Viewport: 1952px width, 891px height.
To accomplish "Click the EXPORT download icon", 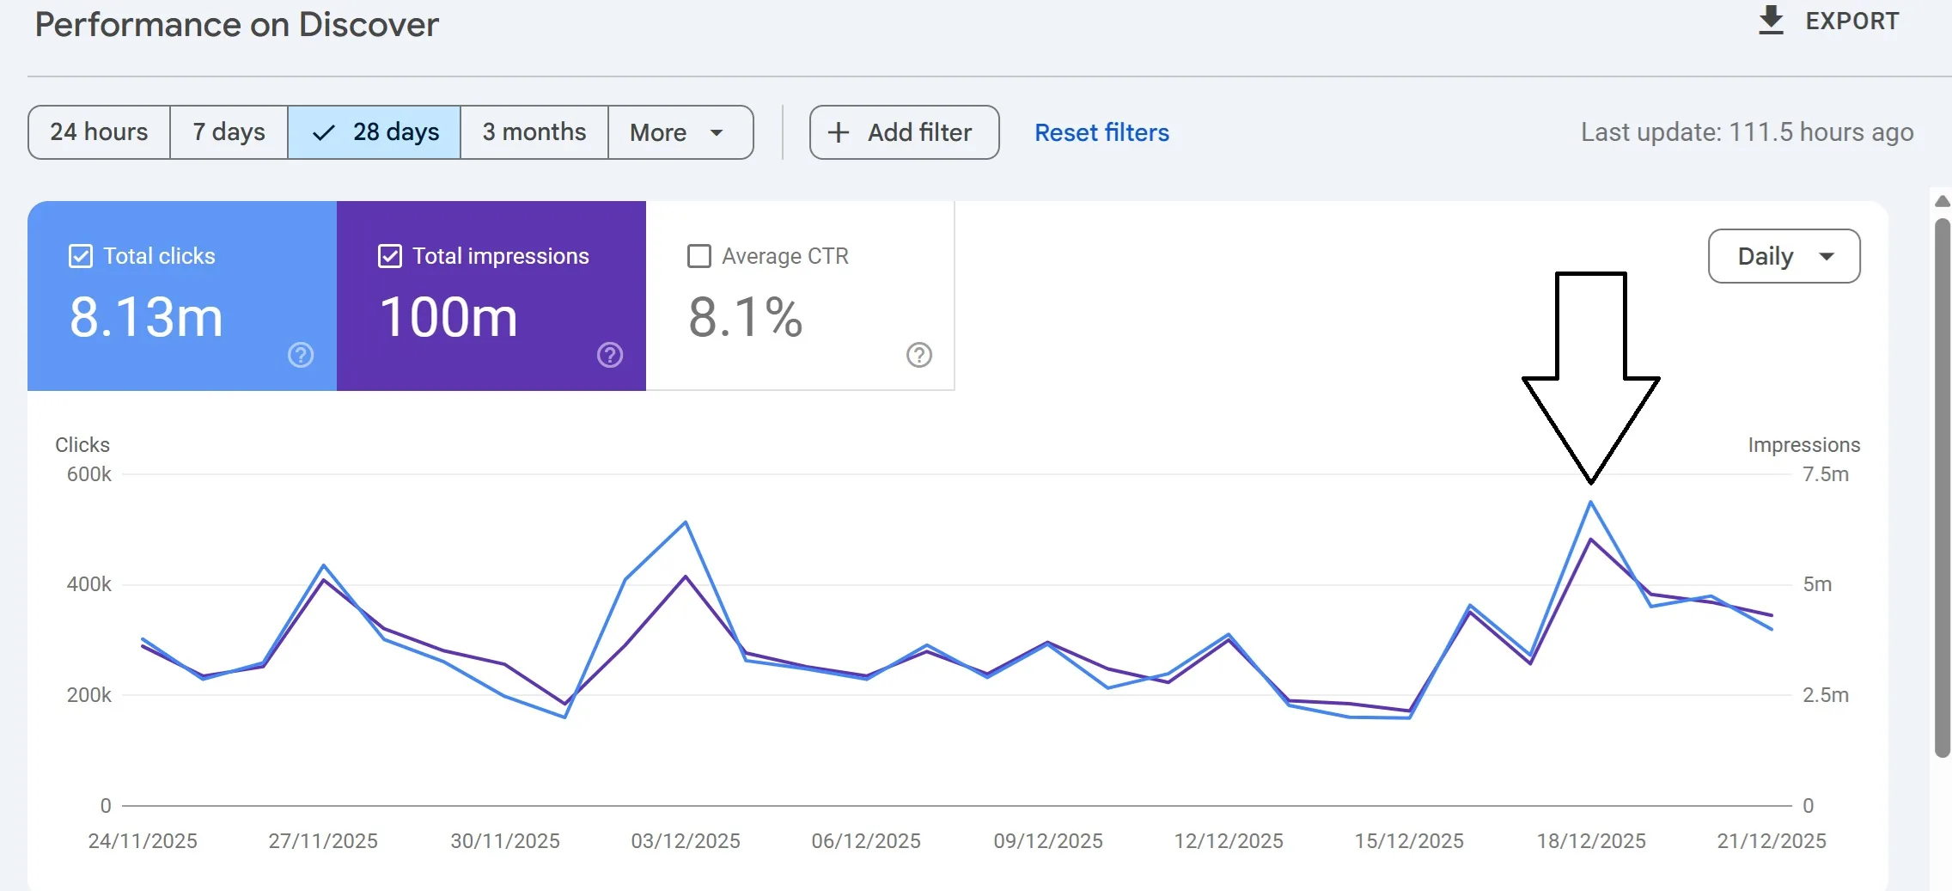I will [x=1771, y=20].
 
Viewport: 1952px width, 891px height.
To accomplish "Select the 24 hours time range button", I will [x=99, y=132].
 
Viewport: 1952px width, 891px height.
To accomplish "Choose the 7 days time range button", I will [x=229, y=132].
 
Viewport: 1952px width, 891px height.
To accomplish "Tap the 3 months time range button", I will [x=534, y=132].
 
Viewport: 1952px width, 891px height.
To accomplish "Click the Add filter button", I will [x=904, y=132].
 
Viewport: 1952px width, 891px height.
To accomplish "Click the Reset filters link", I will [x=1101, y=132].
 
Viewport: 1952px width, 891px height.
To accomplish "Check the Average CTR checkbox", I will [x=699, y=256].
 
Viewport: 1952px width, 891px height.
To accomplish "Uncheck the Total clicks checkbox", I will [x=81, y=256].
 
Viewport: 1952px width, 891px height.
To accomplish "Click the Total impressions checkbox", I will [x=390, y=256].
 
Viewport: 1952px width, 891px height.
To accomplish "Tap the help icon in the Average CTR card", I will [x=919, y=355].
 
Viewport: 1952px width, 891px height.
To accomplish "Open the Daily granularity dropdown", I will [x=1784, y=256].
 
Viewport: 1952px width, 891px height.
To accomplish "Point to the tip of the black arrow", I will [x=1591, y=481].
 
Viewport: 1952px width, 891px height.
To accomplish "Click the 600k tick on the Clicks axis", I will [x=89, y=474].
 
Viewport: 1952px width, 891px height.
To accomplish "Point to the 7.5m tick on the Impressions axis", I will [x=1825, y=474].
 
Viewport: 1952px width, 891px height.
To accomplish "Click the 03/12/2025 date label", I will [x=686, y=840].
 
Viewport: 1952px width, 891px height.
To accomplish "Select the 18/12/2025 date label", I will [x=1591, y=840].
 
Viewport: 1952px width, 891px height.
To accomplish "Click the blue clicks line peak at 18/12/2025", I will [x=1591, y=503].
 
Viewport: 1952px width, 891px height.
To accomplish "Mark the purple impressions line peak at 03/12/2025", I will [x=686, y=577].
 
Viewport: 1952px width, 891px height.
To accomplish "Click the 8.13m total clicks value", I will [x=146, y=317].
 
